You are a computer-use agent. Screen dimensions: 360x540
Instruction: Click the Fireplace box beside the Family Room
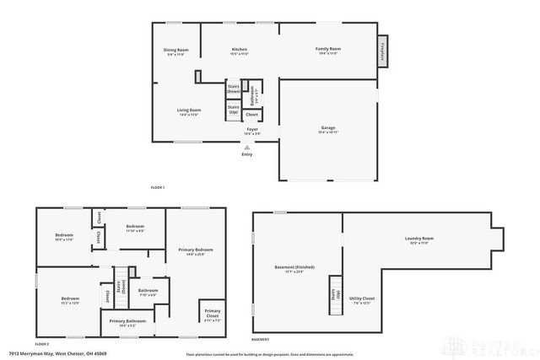tap(384, 52)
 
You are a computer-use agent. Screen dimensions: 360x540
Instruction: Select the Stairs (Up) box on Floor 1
tap(234, 110)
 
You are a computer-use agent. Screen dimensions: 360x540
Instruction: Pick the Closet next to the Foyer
tap(252, 113)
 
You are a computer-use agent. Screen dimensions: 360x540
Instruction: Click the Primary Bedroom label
tap(196, 250)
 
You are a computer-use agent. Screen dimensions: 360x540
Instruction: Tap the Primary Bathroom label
tap(132, 321)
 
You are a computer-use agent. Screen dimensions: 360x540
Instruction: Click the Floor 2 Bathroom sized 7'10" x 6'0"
tap(148, 292)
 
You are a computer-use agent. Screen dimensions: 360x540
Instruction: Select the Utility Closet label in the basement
tap(363, 298)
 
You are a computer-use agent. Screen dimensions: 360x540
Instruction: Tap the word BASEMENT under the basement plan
tap(261, 339)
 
